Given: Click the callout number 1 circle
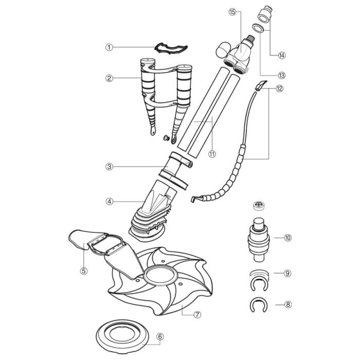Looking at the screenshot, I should [109, 47].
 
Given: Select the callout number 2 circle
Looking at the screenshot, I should [109, 78].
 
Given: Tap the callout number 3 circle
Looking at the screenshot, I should [109, 167].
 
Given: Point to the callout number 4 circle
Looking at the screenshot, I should [109, 202].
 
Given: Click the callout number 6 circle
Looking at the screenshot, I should [160, 337].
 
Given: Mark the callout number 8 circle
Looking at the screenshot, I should [287, 304].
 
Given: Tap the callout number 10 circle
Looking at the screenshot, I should [287, 238].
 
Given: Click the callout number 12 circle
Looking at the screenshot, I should [279, 88].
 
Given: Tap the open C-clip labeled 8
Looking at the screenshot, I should [260, 304].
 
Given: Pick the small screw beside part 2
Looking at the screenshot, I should [166, 138].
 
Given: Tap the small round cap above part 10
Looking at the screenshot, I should [260, 206].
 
